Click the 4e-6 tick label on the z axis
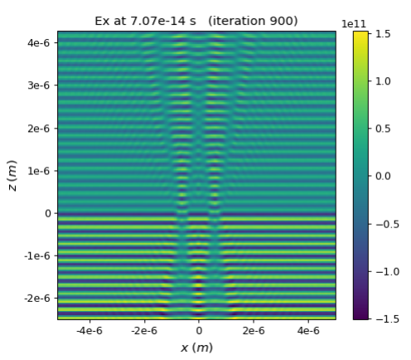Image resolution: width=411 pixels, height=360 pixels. (38, 43)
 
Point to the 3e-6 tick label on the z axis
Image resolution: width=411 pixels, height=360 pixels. (38, 85)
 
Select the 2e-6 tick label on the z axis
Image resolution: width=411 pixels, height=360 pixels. (38, 129)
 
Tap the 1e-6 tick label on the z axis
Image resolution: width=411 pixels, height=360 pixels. (38, 171)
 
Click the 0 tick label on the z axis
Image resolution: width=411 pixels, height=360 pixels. (48, 213)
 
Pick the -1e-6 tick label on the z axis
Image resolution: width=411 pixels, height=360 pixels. (37, 255)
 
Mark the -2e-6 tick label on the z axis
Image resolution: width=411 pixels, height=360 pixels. (37, 299)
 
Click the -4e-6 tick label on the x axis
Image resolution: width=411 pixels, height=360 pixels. (89, 330)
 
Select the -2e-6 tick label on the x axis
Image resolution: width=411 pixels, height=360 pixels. (144, 330)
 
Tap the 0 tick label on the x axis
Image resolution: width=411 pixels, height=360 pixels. (199, 330)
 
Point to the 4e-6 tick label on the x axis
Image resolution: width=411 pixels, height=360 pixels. (308, 330)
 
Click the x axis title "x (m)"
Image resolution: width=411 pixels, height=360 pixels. (196, 348)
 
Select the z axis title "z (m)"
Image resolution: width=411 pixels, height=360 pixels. (12, 176)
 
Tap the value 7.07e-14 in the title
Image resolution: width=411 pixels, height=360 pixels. (157, 21)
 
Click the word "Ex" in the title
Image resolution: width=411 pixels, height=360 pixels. (103, 21)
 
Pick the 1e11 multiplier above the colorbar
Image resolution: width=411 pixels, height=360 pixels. (354, 24)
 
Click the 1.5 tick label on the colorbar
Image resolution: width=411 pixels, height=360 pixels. (383, 34)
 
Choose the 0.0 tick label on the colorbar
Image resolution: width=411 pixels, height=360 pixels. (383, 176)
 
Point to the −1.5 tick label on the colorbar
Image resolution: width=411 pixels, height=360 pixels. (388, 319)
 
